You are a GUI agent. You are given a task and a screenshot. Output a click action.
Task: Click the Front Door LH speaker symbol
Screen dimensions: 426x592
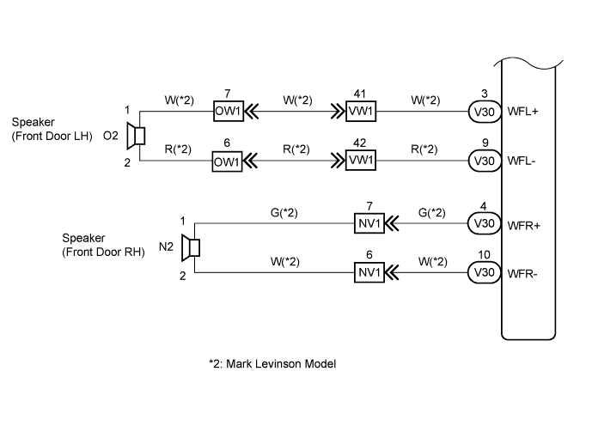(x=135, y=136)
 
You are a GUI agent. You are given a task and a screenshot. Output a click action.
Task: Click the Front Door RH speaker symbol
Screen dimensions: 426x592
(x=194, y=248)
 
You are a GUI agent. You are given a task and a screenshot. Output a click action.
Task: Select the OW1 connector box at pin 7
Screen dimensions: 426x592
(x=228, y=111)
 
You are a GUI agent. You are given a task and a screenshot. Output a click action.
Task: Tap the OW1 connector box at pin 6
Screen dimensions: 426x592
(x=228, y=161)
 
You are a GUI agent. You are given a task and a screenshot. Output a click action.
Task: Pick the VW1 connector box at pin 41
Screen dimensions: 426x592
(x=361, y=111)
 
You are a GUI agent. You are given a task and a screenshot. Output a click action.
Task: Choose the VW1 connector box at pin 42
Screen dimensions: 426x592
(x=361, y=161)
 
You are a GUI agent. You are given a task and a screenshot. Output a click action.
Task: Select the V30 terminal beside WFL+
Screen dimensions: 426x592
(x=483, y=111)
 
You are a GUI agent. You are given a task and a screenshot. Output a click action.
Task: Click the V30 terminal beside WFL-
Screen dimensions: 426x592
(x=483, y=161)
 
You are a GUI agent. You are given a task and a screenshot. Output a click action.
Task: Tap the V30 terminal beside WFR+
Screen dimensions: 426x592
(x=483, y=224)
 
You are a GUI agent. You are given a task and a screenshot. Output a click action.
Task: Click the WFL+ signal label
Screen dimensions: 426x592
(x=523, y=112)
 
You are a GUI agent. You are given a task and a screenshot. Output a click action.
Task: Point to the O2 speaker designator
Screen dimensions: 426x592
(x=111, y=136)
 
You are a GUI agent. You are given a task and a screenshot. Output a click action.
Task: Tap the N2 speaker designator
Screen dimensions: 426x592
(x=167, y=248)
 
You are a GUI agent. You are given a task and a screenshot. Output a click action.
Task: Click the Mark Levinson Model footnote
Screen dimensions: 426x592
(x=272, y=363)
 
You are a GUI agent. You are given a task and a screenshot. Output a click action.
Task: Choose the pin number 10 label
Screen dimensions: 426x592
(x=483, y=255)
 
